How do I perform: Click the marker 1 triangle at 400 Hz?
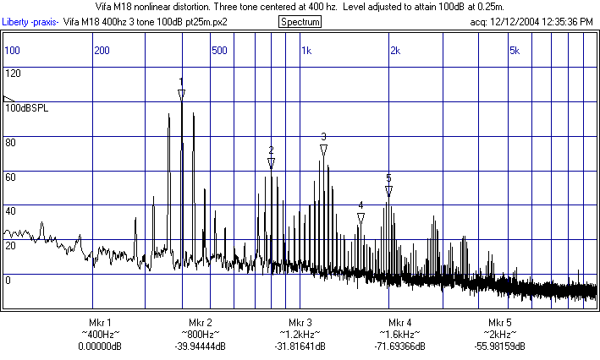[181, 94]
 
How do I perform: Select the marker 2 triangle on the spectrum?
[271, 162]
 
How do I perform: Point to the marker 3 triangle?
[323, 150]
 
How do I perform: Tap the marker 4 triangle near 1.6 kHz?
[361, 218]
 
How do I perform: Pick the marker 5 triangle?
[388, 191]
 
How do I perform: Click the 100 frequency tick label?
[12, 51]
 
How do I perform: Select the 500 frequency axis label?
[219, 51]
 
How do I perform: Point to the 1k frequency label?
[306, 51]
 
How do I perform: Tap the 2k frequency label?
[395, 51]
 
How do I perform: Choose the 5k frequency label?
[514, 51]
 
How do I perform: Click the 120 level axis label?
[13, 74]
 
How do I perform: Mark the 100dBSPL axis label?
[27, 108]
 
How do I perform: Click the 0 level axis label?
[8, 280]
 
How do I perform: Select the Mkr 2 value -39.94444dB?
[201, 346]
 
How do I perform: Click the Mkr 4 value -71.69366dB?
[400, 346]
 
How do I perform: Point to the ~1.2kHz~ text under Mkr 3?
[300, 335]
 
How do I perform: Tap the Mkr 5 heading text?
[500, 323]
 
